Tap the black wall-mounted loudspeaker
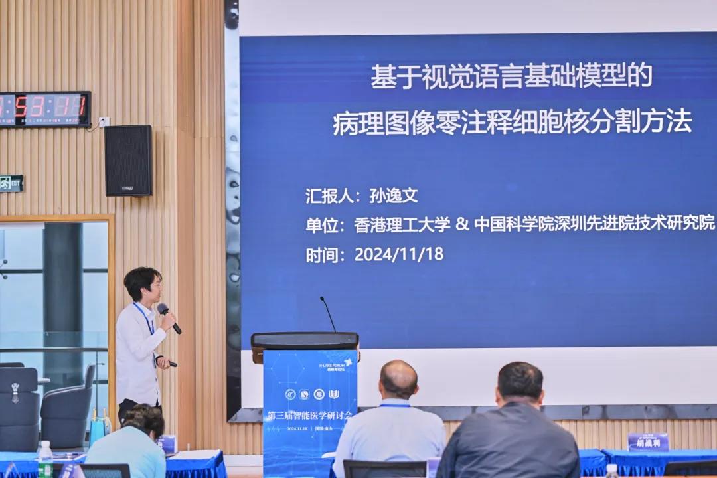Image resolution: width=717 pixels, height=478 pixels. [x=128, y=160]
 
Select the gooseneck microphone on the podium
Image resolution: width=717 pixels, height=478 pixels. [x=328, y=313]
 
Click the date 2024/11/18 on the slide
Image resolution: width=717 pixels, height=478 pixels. [x=398, y=254]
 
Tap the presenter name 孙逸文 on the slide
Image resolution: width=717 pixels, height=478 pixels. [x=394, y=196]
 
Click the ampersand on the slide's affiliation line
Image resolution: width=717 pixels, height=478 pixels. [x=462, y=224]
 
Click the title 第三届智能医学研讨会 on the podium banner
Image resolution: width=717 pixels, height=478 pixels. [x=310, y=415]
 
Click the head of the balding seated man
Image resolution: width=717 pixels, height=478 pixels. [x=398, y=380]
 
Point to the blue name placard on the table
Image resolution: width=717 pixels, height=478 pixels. [x=647, y=441]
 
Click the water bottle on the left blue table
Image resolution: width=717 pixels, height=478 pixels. [x=45, y=459]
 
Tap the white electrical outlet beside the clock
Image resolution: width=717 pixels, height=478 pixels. [x=104, y=121]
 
